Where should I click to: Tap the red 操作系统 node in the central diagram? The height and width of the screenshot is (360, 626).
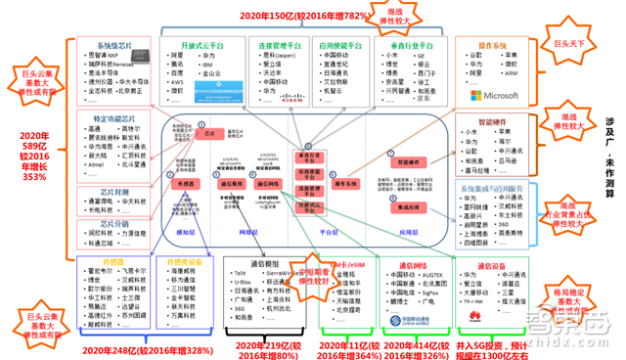click(347, 184)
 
